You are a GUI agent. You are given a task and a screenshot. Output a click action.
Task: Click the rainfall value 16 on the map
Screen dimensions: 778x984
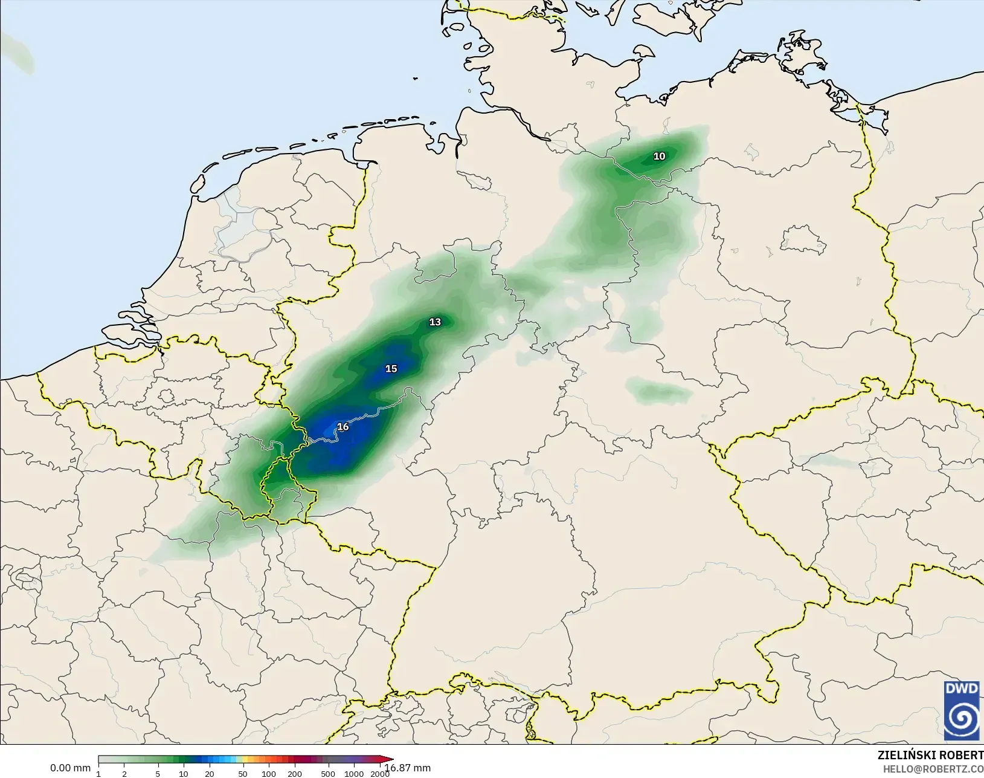click(x=343, y=427)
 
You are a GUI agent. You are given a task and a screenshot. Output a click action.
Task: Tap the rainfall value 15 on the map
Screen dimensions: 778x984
click(x=391, y=369)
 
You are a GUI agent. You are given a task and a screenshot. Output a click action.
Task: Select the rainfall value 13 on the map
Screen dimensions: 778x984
click(x=435, y=322)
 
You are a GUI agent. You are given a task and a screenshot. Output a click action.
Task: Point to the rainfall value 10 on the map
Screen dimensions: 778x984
click(x=659, y=156)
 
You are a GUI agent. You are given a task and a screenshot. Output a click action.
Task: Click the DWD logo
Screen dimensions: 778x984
click(x=962, y=710)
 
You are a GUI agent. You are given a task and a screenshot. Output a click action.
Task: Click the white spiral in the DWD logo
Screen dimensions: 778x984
click(x=962, y=719)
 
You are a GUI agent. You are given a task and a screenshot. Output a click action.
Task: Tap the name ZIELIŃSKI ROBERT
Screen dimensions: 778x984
click(x=930, y=755)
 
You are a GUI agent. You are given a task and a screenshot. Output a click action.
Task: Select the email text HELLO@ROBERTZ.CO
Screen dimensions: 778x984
click(x=933, y=769)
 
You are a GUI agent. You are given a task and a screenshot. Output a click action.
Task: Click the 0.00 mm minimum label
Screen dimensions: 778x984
click(x=70, y=768)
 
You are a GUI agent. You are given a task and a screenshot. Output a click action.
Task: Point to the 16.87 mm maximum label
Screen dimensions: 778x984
click(x=408, y=768)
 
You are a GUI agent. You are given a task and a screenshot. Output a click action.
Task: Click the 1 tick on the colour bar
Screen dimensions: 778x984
click(x=98, y=774)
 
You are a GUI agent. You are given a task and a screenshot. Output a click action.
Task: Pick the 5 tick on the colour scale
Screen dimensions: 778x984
click(x=158, y=774)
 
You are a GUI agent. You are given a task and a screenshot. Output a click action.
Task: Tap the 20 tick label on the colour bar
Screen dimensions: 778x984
click(x=209, y=774)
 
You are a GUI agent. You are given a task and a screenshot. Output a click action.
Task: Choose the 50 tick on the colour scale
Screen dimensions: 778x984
click(x=243, y=774)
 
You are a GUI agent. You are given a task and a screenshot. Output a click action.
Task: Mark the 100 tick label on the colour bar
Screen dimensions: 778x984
click(x=269, y=774)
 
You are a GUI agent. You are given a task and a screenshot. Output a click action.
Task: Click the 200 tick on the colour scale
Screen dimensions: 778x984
click(x=295, y=774)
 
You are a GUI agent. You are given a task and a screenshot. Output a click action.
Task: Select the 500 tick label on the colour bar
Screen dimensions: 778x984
click(x=328, y=774)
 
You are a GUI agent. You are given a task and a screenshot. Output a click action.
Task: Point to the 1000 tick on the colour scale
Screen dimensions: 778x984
click(x=354, y=774)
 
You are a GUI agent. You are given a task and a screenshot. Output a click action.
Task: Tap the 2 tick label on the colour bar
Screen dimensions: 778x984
click(x=124, y=774)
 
